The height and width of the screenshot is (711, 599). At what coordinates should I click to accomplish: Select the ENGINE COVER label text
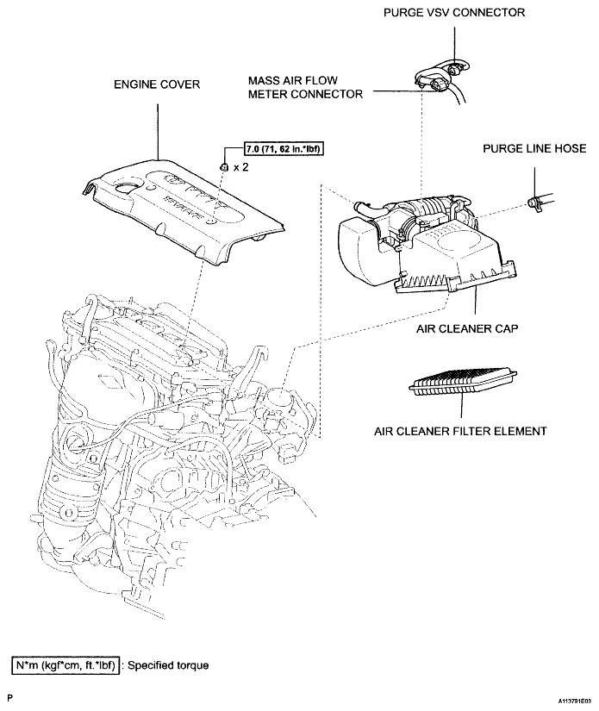tap(157, 85)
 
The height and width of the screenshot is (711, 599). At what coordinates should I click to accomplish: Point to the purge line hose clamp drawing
tap(534, 203)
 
